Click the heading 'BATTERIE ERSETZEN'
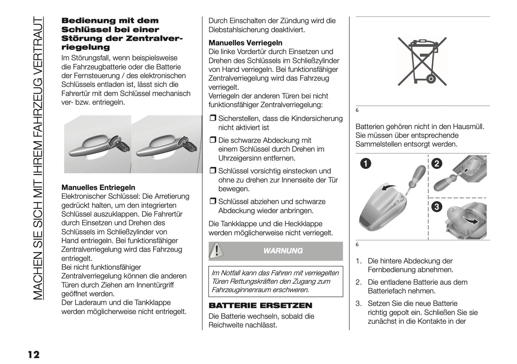(x=260, y=305)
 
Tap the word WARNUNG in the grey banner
(x=283, y=251)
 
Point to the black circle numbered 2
(x=437, y=164)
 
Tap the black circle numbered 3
(x=437, y=206)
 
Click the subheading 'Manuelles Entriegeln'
(x=98, y=187)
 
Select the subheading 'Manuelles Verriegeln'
(x=245, y=43)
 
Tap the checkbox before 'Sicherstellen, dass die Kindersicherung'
(x=213, y=118)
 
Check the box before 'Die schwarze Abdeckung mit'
(x=213, y=140)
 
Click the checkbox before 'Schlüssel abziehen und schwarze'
(x=213, y=202)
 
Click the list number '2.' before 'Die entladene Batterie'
(x=359, y=282)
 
